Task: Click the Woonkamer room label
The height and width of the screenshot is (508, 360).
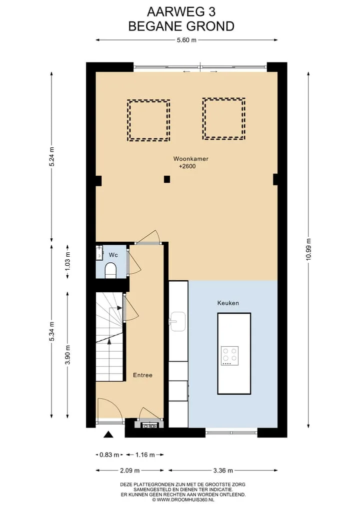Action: tap(190, 159)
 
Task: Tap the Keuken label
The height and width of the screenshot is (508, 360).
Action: tap(228, 303)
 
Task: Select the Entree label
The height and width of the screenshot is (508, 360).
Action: tap(142, 375)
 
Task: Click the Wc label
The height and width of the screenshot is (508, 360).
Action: tap(113, 255)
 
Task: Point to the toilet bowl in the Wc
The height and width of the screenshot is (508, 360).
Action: tap(110, 271)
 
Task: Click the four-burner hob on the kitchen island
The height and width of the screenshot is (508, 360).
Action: tap(229, 356)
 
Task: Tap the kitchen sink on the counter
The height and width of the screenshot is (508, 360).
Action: tap(177, 321)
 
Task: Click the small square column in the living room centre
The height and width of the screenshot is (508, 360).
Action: tap(166, 179)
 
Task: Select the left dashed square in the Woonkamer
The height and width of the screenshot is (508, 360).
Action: tap(148, 120)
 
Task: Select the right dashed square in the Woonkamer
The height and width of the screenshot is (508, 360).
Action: tap(224, 119)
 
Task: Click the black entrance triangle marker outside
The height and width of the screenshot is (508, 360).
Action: tap(108, 435)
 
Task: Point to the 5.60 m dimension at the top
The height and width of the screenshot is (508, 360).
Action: tap(186, 40)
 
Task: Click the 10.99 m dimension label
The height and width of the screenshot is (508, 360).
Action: tap(308, 249)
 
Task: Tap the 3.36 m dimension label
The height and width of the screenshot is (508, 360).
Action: tap(223, 471)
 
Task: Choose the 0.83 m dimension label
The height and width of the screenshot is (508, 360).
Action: tap(109, 455)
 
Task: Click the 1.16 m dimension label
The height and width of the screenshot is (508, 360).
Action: tap(145, 455)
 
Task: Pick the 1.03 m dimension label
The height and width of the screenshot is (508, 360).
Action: tap(67, 261)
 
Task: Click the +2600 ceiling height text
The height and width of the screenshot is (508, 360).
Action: tap(187, 166)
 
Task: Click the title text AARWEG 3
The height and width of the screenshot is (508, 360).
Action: tap(181, 12)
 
